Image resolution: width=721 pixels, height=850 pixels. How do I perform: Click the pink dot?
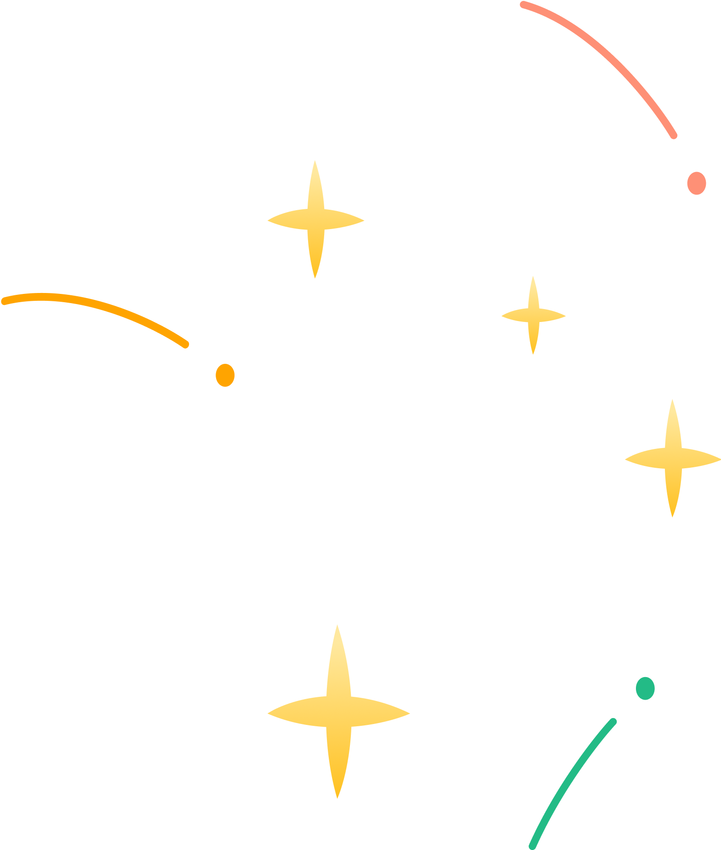pyautogui.click(x=697, y=183)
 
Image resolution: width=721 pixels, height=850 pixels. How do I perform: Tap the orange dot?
pyautogui.click(x=225, y=375)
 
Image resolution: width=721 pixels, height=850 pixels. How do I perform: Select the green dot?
pyautogui.click(x=645, y=688)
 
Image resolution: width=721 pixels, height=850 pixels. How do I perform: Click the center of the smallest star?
pyautogui.click(x=533, y=316)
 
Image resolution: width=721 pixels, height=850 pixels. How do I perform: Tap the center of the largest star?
pyautogui.click(x=338, y=713)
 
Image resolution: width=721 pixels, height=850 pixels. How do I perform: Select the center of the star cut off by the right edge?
pyautogui.click(x=673, y=459)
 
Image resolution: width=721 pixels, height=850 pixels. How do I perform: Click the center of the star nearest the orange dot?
pyautogui.click(x=315, y=220)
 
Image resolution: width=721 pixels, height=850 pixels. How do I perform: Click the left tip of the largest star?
pyautogui.click(x=268, y=713)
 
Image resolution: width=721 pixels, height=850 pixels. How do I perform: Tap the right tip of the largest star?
pyautogui.click(x=410, y=713)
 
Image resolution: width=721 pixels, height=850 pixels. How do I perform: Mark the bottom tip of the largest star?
pyautogui.click(x=338, y=798)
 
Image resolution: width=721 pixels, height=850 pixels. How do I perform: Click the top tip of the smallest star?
pyautogui.click(x=533, y=276)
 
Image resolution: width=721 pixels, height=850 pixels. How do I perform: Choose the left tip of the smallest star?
pyautogui.click(x=501, y=316)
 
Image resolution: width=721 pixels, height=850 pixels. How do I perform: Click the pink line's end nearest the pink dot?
pyautogui.click(x=675, y=136)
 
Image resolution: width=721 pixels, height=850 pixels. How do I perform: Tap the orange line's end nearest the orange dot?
pyautogui.click(x=186, y=345)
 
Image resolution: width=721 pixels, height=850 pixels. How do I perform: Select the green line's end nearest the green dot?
pyautogui.click(x=613, y=721)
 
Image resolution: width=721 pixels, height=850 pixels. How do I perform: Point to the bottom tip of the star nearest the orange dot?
pyautogui.click(x=315, y=278)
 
